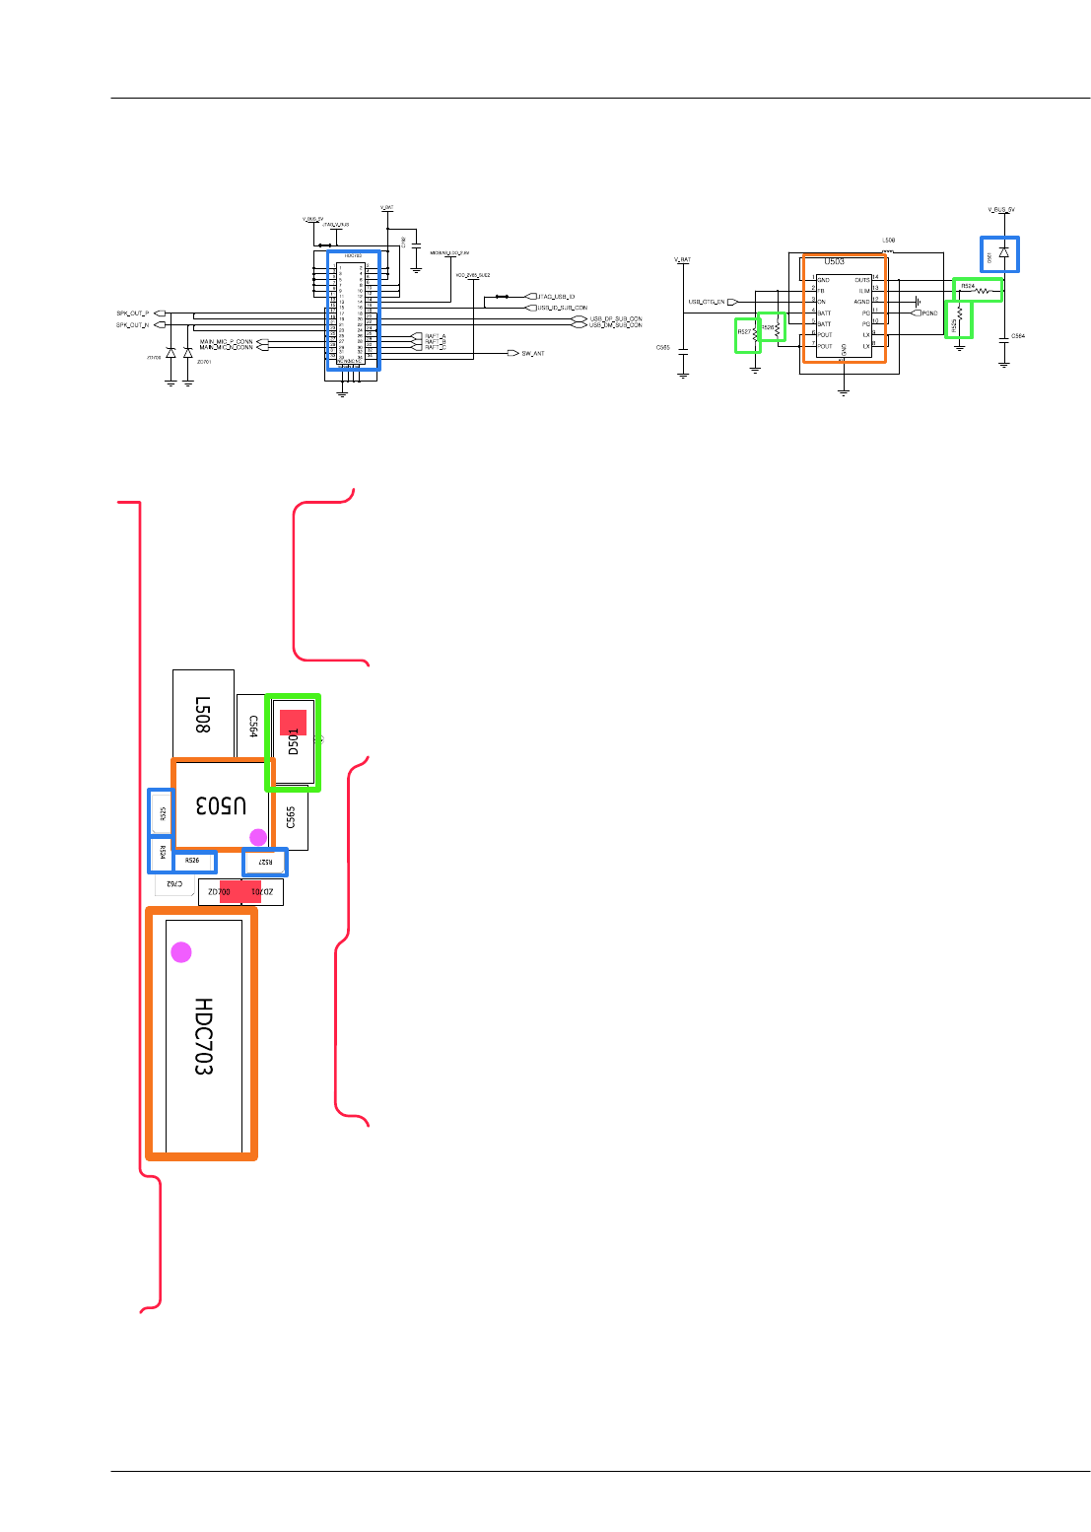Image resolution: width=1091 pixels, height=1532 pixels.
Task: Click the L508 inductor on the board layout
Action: pos(203,713)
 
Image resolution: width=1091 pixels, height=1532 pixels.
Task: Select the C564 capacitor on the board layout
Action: pos(252,728)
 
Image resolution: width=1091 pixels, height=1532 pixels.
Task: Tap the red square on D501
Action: pos(293,722)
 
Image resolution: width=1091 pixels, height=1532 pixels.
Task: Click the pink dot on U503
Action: pos(258,837)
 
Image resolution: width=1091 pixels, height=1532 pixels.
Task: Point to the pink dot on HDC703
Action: pos(181,951)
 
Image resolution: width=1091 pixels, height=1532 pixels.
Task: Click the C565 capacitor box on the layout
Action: pos(291,818)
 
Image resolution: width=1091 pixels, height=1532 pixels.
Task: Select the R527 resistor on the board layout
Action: pos(265,863)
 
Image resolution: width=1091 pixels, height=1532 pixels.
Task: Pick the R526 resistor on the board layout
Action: pos(193,861)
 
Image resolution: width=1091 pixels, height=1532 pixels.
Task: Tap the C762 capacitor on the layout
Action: pos(174,884)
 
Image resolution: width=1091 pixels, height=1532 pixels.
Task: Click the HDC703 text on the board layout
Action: pos(203,1036)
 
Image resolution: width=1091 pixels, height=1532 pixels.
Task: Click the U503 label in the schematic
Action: pos(834,262)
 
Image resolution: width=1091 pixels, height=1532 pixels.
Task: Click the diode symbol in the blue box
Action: pos(1003,252)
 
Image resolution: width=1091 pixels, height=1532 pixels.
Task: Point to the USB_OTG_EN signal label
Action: pos(707,302)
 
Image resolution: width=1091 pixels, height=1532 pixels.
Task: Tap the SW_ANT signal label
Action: pos(532,353)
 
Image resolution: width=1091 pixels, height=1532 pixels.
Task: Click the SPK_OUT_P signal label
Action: pos(133,313)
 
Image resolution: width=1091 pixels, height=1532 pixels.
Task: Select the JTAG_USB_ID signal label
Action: pos(556,296)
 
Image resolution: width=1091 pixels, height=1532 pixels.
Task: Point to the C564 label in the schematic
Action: pos(1017,336)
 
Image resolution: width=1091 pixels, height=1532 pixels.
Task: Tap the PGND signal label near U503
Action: pos(928,313)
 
